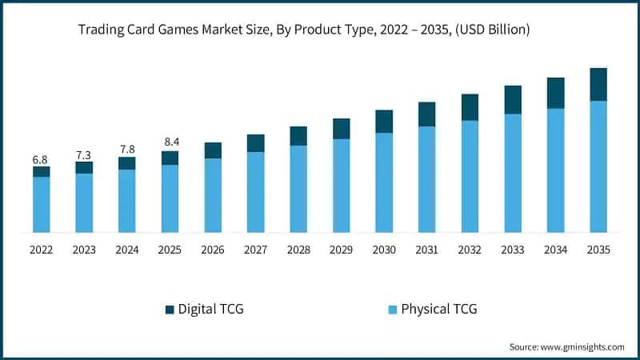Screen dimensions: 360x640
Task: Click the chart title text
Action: point(303,30)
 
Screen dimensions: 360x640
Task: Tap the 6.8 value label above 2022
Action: point(41,159)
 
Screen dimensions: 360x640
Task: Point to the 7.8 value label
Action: point(126,149)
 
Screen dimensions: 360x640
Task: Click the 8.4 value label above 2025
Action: point(170,142)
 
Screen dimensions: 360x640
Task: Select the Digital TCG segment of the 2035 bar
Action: point(598,84)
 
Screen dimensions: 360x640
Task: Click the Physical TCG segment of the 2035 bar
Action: point(598,166)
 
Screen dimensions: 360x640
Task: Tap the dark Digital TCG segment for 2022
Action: point(41,171)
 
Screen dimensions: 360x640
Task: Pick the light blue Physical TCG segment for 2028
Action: point(298,189)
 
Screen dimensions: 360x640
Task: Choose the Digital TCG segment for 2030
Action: point(384,121)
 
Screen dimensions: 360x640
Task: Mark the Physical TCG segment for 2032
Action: point(470,176)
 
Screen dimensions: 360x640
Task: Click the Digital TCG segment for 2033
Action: point(513,99)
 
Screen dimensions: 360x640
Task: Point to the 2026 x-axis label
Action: point(213,250)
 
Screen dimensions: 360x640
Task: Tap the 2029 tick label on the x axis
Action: point(341,250)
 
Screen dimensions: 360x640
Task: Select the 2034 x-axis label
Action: point(555,250)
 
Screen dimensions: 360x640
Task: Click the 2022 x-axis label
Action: point(41,250)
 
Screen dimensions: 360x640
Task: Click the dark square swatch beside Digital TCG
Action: point(169,309)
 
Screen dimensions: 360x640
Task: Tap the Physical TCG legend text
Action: point(438,309)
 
